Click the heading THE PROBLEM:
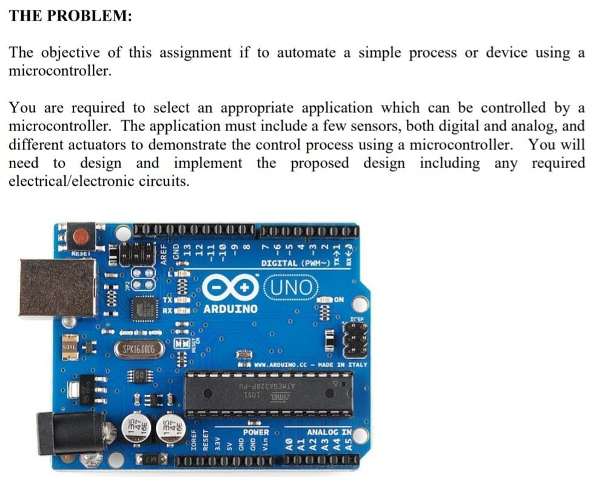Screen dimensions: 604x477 point(70,16)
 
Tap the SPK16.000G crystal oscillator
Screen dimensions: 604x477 point(139,350)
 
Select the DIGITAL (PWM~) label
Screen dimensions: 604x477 point(295,263)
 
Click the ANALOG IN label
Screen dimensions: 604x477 point(328,432)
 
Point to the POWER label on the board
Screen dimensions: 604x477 point(255,432)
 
